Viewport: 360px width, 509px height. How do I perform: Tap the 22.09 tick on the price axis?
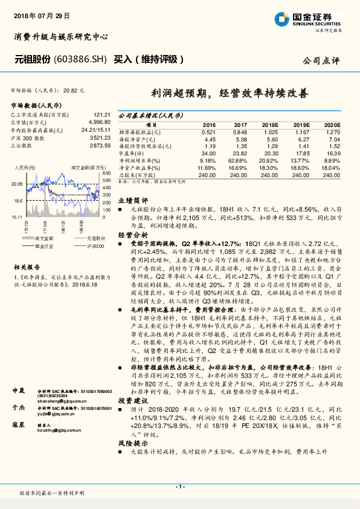pos(17,183)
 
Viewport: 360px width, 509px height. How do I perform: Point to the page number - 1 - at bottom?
pos(179,487)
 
